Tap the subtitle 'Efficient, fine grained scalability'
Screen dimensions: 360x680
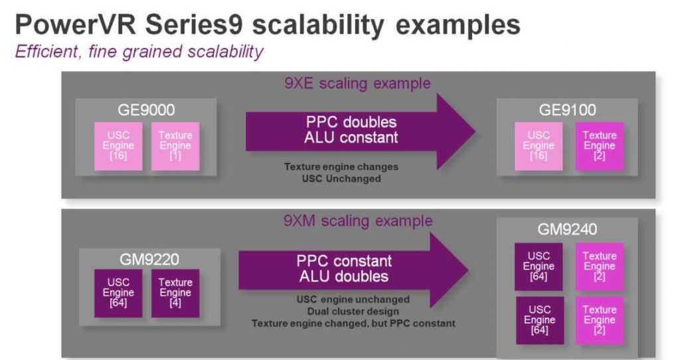pyautogui.click(x=139, y=52)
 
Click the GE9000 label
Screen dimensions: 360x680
pyautogui.click(x=146, y=110)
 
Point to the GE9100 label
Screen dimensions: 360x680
pyautogui.click(x=568, y=110)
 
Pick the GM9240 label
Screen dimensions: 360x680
pyautogui.click(x=568, y=230)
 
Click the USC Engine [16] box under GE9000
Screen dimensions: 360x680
pyautogui.click(x=118, y=146)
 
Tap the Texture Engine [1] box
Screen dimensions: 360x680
pyautogui.click(x=175, y=146)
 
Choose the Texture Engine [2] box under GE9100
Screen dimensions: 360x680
pyautogui.click(x=599, y=146)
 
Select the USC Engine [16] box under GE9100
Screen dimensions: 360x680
pyautogui.click(x=539, y=146)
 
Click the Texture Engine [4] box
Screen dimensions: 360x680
pyautogui.click(x=175, y=293)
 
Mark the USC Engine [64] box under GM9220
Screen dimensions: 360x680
pyautogui.click(x=118, y=293)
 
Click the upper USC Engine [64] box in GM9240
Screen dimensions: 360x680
pyautogui.click(x=539, y=266)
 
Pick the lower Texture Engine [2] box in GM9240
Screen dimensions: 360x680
pyautogui.click(x=599, y=320)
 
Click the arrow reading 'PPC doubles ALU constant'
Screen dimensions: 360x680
pyautogui.click(x=352, y=130)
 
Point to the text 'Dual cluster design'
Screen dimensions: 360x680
pyautogui.click(x=353, y=312)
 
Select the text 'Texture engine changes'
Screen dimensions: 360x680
pyautogui.click(x=341, y=167)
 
